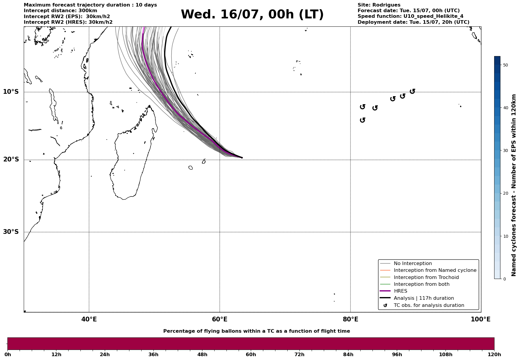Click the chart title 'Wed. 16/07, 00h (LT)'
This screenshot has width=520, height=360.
click(x=252, y=15)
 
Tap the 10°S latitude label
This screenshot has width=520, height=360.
click(x=11, y=92)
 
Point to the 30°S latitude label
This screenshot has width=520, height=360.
click(x=11, y=232)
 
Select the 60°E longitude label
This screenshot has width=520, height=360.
click(x=220, y=319)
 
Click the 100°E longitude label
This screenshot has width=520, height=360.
click(x=481, y=319)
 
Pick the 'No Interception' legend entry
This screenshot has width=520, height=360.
click(x=413, y=264)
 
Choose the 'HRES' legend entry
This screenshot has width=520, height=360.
click(x=400, y=291)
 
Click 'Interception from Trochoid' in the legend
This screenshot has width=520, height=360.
click(x=426, y=277)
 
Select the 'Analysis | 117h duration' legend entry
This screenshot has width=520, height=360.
click(x=424, y=298)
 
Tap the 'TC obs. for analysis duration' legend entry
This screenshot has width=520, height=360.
click(x=429, y=305)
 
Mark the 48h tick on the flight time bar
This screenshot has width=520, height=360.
click(x=202, y=354)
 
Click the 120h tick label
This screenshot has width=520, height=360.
click(x=494, y=354)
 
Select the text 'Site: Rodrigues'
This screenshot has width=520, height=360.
click(x=379, y=5)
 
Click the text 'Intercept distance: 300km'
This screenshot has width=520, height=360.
click(x=60, y=11)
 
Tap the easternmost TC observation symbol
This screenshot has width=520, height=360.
click(x=412, y=91)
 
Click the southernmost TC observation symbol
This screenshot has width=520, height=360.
click(x=362, y=120)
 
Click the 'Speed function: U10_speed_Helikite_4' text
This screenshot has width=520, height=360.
click(x=410, y=16)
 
